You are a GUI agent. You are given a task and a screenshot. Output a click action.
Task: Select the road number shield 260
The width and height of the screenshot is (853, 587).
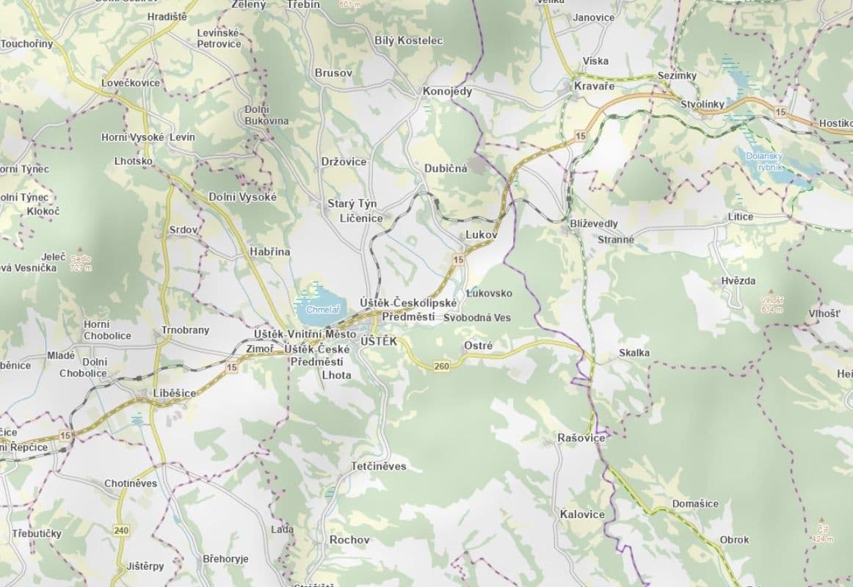pos(441,366)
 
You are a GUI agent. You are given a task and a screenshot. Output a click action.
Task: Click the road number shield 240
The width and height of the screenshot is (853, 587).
pos(121,530)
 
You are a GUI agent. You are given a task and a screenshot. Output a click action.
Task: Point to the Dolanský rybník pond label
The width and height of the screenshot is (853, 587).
pos(765,161)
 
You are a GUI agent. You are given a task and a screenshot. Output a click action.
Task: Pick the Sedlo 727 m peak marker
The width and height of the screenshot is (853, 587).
pos(78,255)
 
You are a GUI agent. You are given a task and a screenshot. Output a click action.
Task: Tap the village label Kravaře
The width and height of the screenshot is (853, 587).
pos(594,87)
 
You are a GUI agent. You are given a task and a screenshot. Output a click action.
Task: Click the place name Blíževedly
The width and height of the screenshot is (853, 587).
pos(594,223)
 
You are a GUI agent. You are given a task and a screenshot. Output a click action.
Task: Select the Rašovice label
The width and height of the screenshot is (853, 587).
pos(581,438)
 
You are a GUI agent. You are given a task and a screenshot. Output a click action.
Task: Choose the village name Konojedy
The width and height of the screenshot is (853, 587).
pos(447,92)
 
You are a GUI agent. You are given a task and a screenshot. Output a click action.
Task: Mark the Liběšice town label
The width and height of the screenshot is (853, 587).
pos(175,393)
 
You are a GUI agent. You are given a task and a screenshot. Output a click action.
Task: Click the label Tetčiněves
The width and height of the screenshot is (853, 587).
pos(378,467)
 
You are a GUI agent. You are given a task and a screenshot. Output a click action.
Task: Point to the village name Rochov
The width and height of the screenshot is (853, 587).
pos(349,539)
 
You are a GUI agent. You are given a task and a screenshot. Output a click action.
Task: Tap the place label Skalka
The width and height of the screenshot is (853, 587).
pos(634,353)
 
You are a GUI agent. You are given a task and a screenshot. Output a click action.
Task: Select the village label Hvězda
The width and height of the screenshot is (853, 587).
pos(738,281)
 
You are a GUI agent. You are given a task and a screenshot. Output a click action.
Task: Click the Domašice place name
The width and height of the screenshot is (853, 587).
pos(695,504)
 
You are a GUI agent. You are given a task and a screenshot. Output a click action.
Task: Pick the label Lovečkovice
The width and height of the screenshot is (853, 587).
pos(131,83)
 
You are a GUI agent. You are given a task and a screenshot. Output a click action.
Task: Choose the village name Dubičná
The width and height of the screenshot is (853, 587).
pos(446,168)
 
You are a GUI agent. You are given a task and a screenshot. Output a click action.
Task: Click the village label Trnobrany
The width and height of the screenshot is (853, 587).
pos(185,330)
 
